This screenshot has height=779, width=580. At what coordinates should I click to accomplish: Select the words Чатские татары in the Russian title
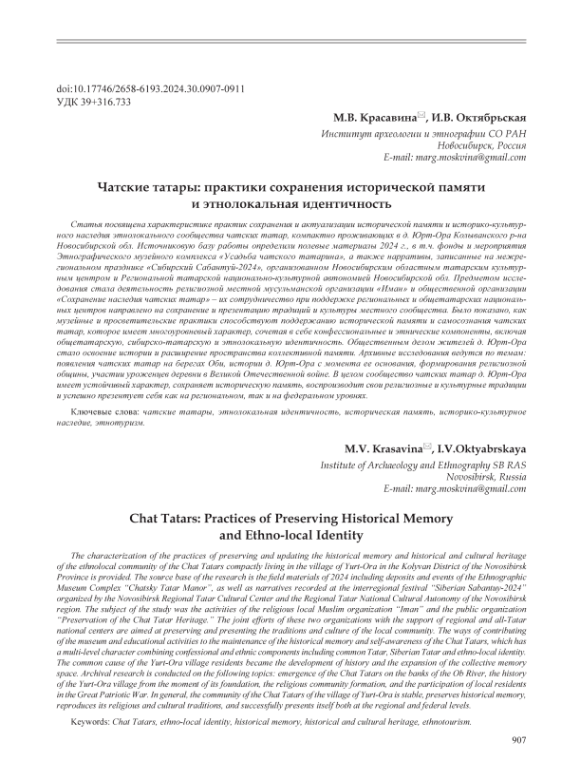click(154, 187)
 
